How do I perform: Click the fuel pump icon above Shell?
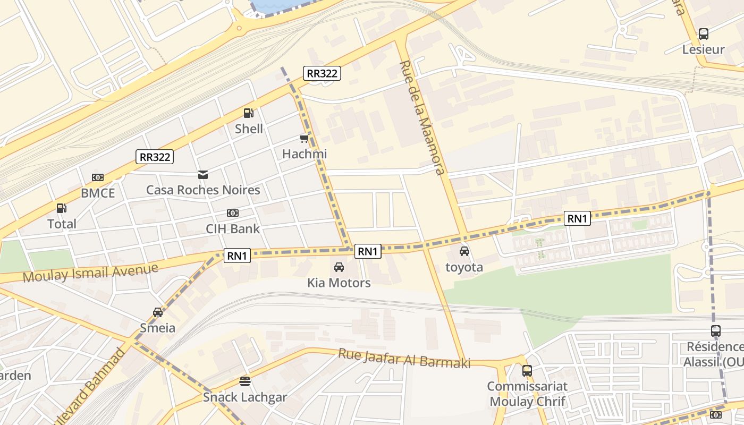coord(248,113)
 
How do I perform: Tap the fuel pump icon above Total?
coord(62,208)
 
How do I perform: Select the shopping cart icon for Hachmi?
coord(304,139)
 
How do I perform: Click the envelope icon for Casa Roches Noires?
coord(203,174)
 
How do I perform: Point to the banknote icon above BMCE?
coord(98,177)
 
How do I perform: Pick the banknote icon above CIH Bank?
coord(233,213)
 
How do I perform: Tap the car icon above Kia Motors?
coord(339,267)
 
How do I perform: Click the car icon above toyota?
coord(464,251)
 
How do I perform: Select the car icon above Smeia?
coord(158,312)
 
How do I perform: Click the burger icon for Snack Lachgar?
coord(245,381)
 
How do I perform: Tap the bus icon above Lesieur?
coord(704,34)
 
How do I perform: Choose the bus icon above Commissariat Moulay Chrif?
coord(527,370)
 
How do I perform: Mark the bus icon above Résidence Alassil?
coord(716,331)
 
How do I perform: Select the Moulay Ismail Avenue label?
coord(90,273)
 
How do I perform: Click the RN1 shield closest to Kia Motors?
coord(368,251)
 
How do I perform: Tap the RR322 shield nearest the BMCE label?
coord(155,157)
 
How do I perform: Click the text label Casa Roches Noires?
coord(203,190)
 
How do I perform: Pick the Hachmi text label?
coord(304,154)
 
